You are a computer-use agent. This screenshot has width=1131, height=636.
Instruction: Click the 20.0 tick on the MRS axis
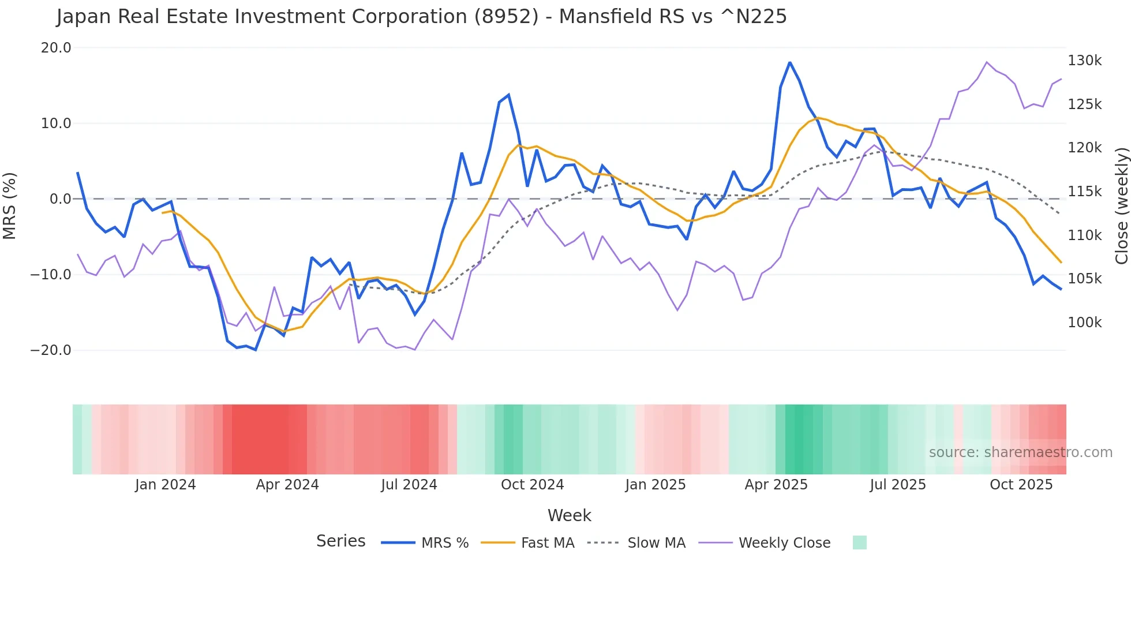pos(55,48)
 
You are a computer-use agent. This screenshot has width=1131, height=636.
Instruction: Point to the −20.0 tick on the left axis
pos(51,350)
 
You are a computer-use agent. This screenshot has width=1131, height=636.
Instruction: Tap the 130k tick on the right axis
pos(1084,61)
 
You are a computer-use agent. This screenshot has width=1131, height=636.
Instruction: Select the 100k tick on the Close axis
pos(1084,323)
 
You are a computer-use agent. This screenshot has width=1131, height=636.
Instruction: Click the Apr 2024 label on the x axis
pos(287,485)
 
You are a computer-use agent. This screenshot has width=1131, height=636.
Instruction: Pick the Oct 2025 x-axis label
pos(1021,485)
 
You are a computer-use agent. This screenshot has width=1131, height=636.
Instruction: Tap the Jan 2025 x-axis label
pos(655,485)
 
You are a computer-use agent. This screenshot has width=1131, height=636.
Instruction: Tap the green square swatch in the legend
pos(859,543)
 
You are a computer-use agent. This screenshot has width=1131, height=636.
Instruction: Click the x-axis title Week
pos(569,515)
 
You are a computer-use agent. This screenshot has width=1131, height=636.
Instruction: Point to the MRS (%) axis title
pos(10,205)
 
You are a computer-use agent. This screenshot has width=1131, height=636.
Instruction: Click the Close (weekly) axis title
pos(1121,206)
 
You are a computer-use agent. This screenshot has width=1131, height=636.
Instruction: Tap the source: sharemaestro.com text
pos(1020,452)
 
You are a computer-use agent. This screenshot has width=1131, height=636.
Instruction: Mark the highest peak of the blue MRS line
pos(789,62)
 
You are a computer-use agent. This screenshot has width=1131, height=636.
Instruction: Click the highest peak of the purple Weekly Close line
pos(987,62)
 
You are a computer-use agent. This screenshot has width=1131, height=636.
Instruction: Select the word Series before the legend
pos(340,541)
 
